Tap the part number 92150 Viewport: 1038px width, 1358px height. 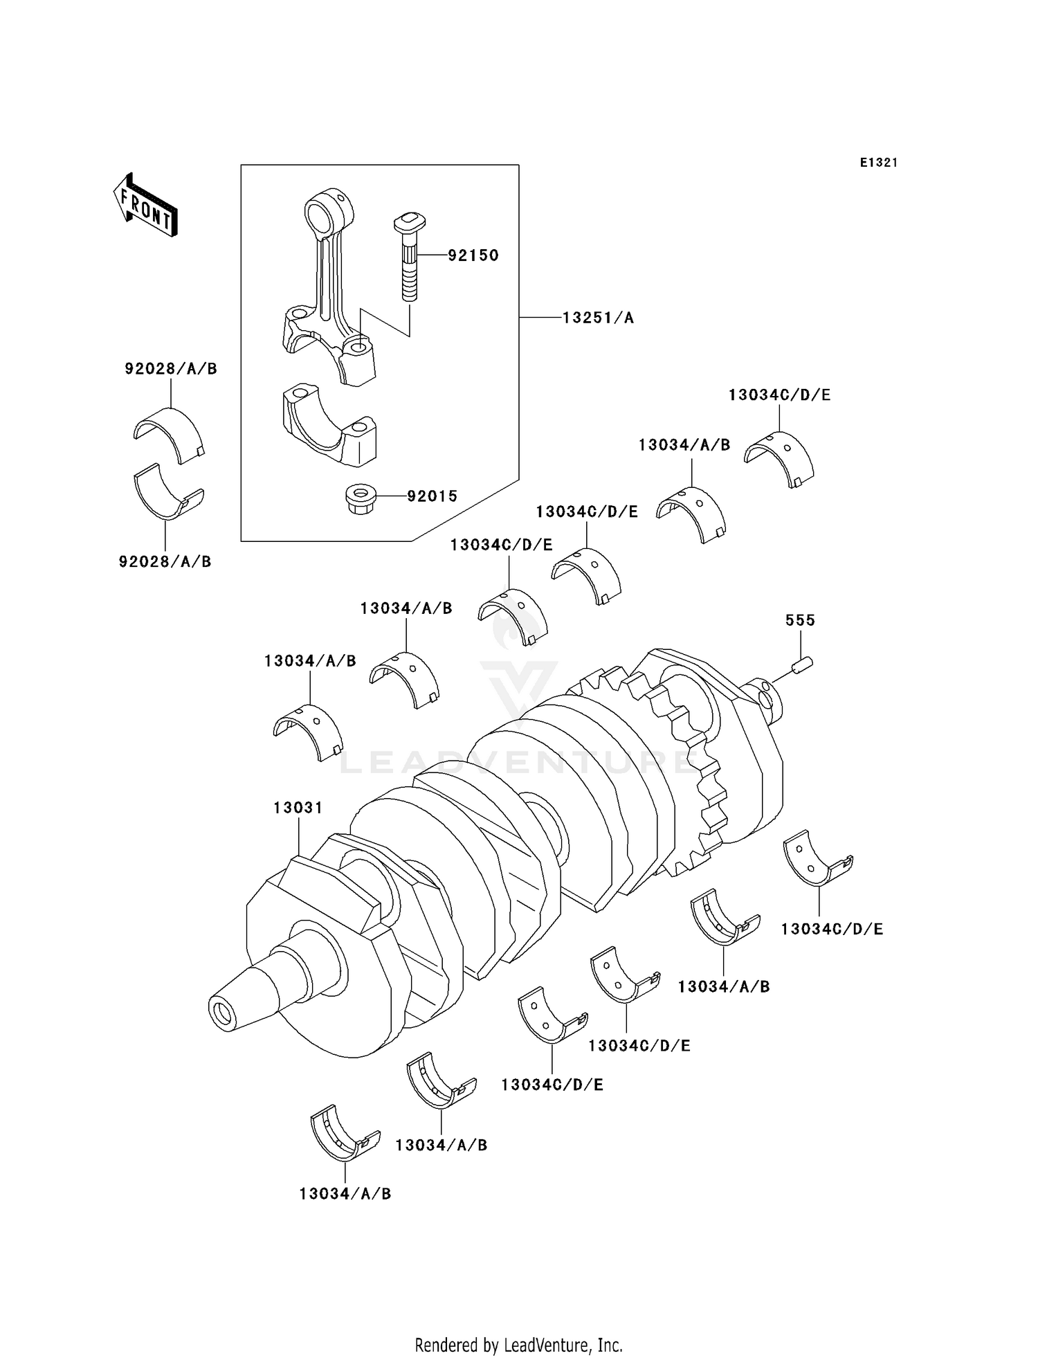pos(473,255)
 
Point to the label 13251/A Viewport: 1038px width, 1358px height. pos(597,318)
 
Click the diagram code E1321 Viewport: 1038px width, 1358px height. pos(878,163)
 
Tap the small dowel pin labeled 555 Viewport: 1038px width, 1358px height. pos(803,666)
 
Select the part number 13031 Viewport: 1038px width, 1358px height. pos(298,808)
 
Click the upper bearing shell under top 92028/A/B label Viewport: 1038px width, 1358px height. pos(170,433)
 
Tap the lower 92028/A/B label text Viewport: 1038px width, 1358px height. pos(165,561)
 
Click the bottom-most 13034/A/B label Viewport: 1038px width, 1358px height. pos(345,1193)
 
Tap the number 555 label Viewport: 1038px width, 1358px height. pos(799,620)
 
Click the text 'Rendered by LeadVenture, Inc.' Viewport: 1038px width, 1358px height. pos(518,1325)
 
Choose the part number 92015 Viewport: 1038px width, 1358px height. pos(432,496)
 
